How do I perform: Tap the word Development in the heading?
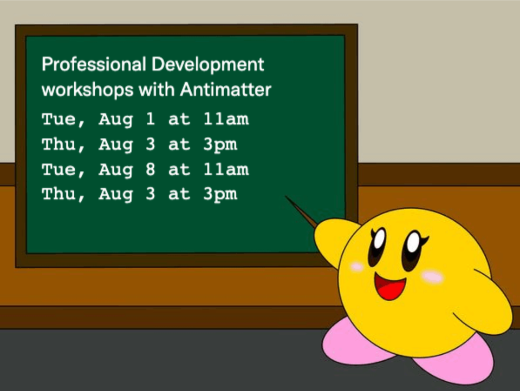(208, 65)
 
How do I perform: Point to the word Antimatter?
(225, 89)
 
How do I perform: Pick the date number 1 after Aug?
(149, 120)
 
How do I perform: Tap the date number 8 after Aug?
(149, 169)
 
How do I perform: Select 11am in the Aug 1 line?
(226, 120)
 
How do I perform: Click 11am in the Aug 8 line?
(226, 169)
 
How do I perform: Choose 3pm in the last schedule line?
(220, 195)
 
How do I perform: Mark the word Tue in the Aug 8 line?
(59, 169)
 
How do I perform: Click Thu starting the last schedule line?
(59, 194)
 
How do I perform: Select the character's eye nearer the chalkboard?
(378, 247)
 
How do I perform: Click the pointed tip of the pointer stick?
(287, 197)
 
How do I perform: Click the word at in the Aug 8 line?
(179, 169)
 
